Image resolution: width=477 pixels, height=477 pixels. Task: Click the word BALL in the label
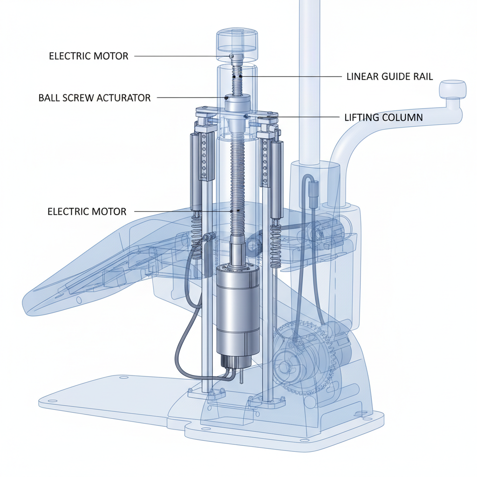[49, 98]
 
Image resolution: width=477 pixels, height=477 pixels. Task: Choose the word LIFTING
[361, 117]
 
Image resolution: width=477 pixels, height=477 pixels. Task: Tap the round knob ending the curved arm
[453, 89]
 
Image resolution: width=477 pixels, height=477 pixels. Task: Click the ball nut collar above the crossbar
[238, 101]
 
